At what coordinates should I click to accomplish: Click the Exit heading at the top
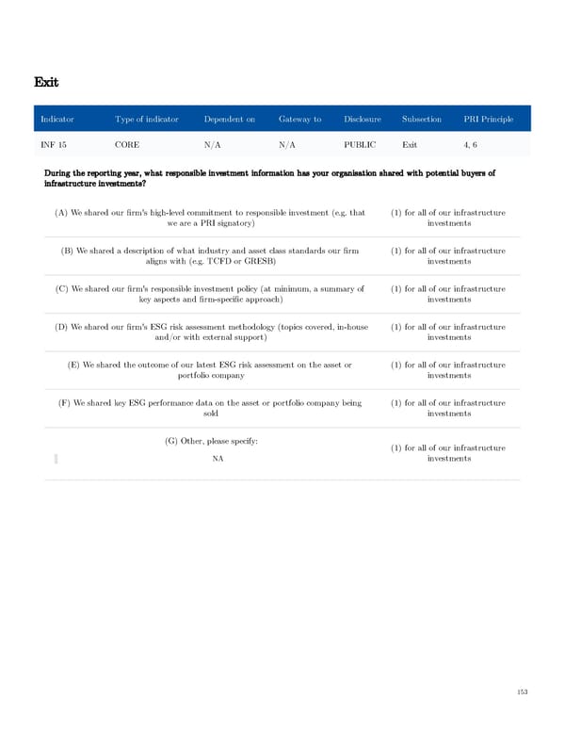(47, 83)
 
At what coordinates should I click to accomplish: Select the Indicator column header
(56, 120)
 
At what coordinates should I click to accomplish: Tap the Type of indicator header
(146, 120)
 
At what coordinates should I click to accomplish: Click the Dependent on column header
(229, 120)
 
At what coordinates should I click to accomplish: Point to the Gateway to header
(299, 120)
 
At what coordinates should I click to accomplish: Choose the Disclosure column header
(363, 120)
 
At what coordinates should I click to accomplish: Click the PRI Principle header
(489, 120)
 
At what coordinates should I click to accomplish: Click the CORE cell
(127, 145)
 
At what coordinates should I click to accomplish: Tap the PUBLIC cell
(360, 145)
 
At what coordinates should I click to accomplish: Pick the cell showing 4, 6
(471, 145)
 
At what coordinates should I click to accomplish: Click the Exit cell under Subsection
(411, 145)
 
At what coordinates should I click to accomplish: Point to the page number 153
(522, 691)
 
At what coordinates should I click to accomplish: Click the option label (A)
(61, 213)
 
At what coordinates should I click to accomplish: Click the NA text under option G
(218, 459)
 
